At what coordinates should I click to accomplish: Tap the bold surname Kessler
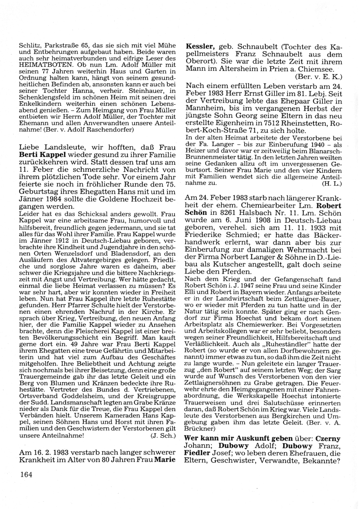tap(200, 47)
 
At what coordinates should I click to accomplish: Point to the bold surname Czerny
tap(328, 439)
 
